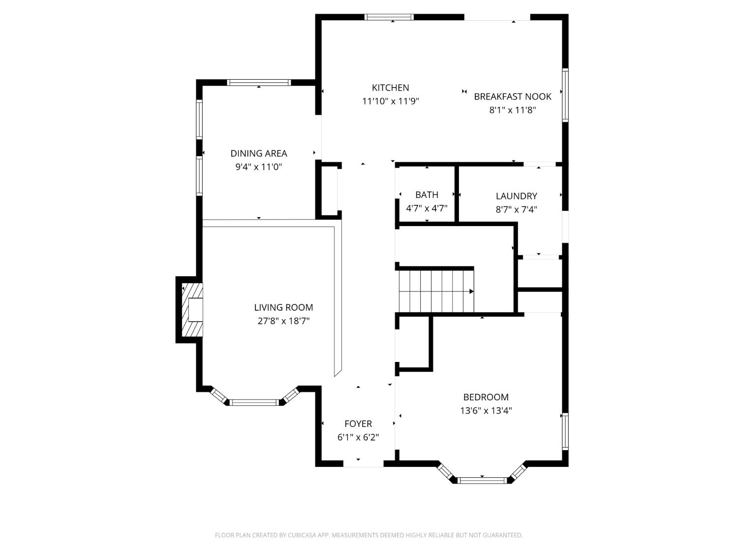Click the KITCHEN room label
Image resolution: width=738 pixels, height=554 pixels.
tap(390, 88)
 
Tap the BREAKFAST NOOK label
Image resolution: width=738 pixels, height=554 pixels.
tap(512, 97)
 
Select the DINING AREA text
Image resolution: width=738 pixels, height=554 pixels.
tap(259, 154)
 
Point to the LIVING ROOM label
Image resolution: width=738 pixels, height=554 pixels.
tap(283, 307)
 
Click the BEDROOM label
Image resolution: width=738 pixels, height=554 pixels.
tap(486, 397)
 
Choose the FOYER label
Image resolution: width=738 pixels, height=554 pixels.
tap(358, 424)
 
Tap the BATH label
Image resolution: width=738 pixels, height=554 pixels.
tap(427, 195)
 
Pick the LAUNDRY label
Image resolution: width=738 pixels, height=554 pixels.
tap(516, 196)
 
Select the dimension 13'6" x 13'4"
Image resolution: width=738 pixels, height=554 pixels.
tap(486, 411)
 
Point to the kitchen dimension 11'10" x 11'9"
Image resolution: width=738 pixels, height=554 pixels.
tap(390, 101)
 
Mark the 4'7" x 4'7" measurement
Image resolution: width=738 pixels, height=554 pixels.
tap(427, 208)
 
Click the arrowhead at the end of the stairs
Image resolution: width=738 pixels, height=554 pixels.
tap(471, 292)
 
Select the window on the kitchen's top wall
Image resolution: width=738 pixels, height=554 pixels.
tap(389, 17)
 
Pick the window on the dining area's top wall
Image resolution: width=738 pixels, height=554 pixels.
tap(259, 82)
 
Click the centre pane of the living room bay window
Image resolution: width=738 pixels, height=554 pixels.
tap(254, 402)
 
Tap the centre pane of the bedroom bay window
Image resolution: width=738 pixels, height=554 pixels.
tap(482, 480)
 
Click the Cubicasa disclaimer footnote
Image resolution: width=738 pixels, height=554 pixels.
tap(369, 535)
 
